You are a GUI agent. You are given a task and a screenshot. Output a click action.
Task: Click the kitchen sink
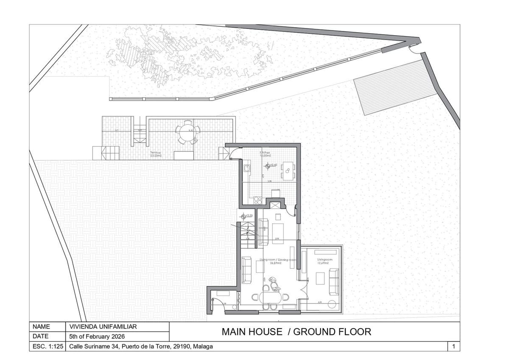[x=246, y=169]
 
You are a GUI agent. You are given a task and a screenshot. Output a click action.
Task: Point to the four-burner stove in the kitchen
[x=257, y=200]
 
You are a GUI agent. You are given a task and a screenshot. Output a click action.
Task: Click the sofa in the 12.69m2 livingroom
[x=334, y=281]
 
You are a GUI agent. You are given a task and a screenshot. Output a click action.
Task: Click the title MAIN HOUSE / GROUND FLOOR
[x=296, y=332]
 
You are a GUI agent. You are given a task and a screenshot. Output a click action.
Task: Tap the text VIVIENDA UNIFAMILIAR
[x=103, y=326]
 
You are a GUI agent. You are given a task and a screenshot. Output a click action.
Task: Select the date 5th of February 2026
[x=97, y=336]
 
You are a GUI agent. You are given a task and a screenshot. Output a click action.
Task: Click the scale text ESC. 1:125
[x=48, y=346]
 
